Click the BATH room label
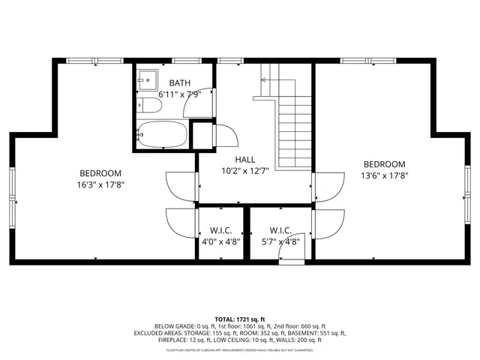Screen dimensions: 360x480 (x=180, y=82)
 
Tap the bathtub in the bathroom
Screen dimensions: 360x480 (x=161, y=135)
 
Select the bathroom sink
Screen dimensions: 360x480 (x=147, y=79)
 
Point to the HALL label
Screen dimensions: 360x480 (x=244, y=160)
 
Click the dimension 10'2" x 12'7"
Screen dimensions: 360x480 (x=244, y=171)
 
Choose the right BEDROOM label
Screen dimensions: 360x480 (x=384, y=165)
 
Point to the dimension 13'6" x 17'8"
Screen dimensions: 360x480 (x=384, y=177)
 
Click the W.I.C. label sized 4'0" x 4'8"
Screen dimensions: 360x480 (x=220, y=230)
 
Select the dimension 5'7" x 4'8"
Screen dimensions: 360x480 (x=280, y=241)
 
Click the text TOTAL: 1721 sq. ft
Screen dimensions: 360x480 (x=240, y=319)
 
